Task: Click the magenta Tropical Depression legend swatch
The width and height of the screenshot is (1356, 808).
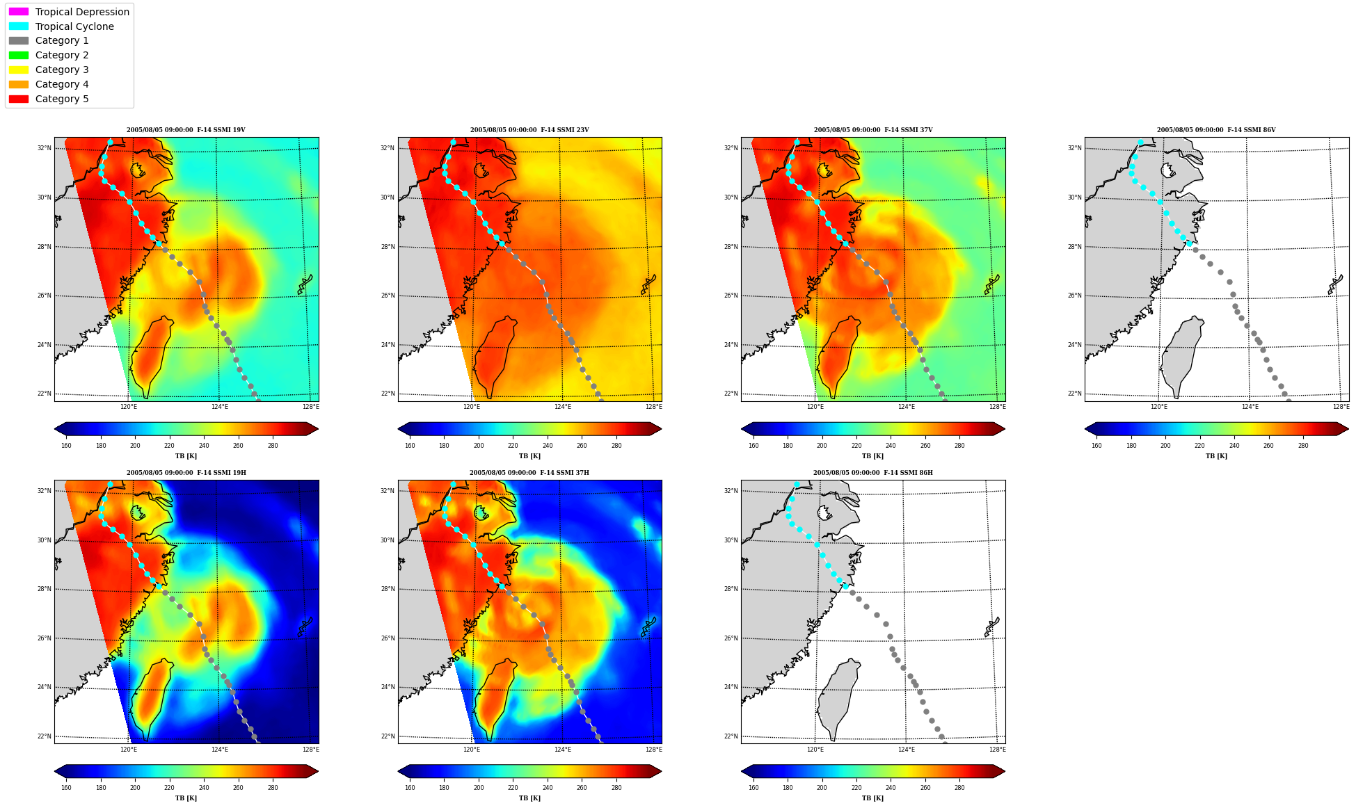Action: (x=19, y=12)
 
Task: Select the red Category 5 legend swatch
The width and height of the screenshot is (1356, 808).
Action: (x=19, y=99)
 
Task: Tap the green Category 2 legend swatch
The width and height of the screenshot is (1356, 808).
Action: (x=19, y=55)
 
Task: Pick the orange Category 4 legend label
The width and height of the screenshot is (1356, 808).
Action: (x=62, y=84)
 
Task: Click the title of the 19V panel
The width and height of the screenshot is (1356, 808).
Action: (x=186, y=130)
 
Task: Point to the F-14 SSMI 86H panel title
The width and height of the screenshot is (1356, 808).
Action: (x=873, y=473)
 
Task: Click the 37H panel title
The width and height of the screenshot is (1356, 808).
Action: (x=529, y=473)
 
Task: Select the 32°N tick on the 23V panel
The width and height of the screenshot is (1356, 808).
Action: (x=388, y=148)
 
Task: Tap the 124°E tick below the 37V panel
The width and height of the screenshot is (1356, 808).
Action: (x=907, y=407)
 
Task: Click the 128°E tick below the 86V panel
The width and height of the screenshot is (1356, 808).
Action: (x=1341, y=407)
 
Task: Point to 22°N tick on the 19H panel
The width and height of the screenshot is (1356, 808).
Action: (x=45, y=736)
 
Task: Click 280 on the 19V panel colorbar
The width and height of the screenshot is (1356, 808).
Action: (x=273, y=446)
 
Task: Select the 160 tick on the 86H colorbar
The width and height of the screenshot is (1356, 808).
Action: (x=753, y=788)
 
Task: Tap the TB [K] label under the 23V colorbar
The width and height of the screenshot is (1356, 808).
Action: (x=529, y=456)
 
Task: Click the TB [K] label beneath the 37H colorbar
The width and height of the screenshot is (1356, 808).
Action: (x=529, y=798)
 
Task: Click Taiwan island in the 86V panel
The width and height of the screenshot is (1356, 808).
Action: (x=1181, y=357)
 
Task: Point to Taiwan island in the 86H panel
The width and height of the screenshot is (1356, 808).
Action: (x=838, y=699)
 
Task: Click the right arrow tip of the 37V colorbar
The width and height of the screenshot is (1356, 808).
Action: (x=1005, y=429)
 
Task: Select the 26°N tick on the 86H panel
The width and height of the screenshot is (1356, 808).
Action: (x=731, y=638)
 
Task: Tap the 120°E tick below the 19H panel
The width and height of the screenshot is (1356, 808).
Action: (x=129, y=750)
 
